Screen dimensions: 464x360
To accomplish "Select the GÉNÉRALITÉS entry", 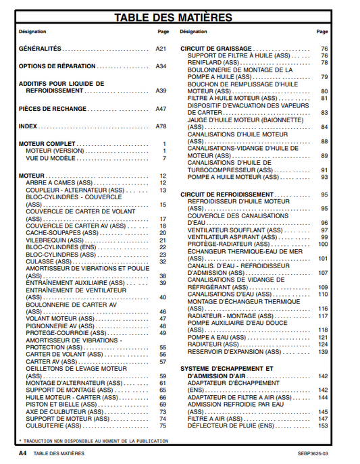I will click(x=40, y=49).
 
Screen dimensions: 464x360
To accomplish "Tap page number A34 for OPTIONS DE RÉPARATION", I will click(x=161, y=66).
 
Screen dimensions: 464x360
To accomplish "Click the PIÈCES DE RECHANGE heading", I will click(x=53, y=108).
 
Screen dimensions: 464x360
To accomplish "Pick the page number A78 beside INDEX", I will click(x=161, y=126).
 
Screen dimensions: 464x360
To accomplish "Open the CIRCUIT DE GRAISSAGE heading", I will click(x=216, y=49).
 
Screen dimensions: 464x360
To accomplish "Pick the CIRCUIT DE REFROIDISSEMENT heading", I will click(x=226, y=195).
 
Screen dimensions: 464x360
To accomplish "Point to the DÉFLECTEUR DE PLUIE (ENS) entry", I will click(x=230, y=426).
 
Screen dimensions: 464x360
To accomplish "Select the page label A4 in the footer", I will click(x=22, y=453).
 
